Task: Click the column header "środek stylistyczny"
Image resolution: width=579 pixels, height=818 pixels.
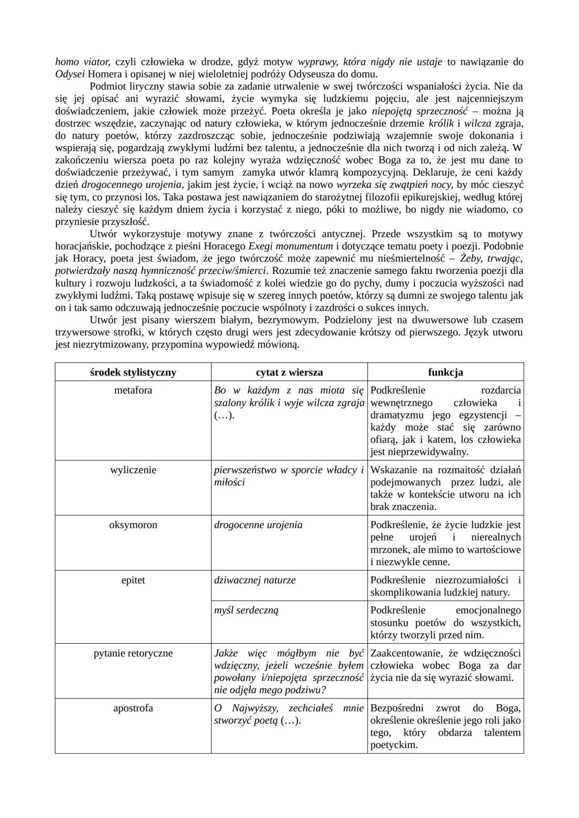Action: pyautogui.click(x=133, y=372)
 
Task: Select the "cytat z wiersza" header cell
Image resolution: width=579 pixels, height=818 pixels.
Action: pyautogui.click(x=289, y=372)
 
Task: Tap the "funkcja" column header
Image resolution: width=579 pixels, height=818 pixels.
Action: pyautogui.click(x=446, y=372)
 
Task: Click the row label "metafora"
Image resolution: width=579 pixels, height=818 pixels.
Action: pyautogui.click(x=133, y=391)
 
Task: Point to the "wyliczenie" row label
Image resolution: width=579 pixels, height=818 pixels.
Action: pyautogui.click(x=133, y=470)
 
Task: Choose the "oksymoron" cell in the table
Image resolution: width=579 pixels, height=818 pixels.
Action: pyautogui.click(x=133, y=525)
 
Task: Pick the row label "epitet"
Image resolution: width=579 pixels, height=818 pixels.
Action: pyautogui.click(x=133, y=580)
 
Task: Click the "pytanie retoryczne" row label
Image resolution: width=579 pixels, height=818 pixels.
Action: pyautogui.click(x=133, y=654)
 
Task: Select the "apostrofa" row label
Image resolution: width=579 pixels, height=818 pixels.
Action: pyautogui.click(x=133, y=708)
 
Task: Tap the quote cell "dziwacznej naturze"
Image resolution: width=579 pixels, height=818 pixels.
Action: pyautogui.click(x=255, y=580)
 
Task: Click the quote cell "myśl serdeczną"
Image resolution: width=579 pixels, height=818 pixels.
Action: pyautogui.click(x=246, y=610)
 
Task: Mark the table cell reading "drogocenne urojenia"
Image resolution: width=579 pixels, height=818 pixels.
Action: pyautogui.click(x=258, y=525)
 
